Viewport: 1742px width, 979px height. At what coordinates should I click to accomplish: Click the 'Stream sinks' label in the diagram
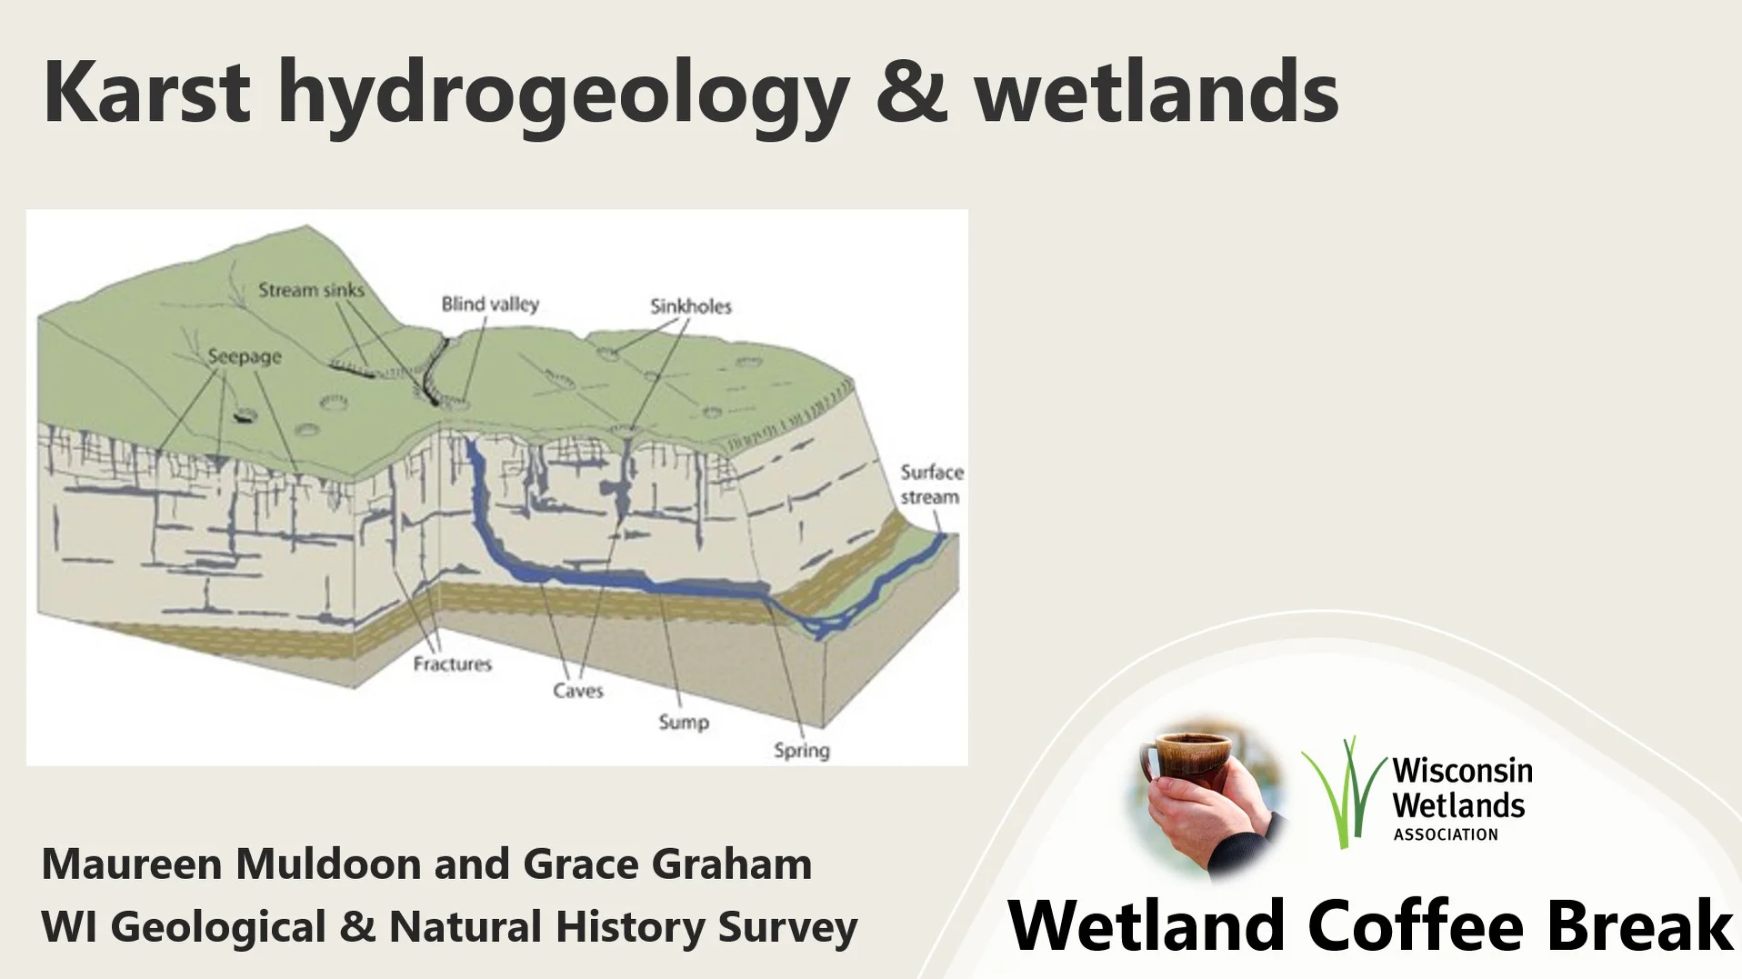[311, 290]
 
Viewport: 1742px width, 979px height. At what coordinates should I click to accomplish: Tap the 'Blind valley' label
[490, 304]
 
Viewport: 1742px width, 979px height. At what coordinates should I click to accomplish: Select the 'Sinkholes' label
[691, 306]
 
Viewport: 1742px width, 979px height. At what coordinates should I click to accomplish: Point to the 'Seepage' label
[245, 357]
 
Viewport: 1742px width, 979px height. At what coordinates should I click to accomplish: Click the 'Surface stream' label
[931, 485]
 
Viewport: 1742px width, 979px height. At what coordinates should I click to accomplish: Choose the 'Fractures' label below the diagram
[452, 664]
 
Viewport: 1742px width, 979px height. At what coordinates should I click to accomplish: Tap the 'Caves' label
[578, 691]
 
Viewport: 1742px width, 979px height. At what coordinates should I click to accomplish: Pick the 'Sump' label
[684, 723]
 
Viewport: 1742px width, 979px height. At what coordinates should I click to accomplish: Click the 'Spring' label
[801, 751]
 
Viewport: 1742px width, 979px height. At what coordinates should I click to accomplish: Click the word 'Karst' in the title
[146, 92]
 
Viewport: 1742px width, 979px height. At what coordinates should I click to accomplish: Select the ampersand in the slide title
[912, 92]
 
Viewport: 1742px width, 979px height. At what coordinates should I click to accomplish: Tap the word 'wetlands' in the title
[1156, 92]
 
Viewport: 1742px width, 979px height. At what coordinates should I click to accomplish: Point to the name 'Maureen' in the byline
[132, 864]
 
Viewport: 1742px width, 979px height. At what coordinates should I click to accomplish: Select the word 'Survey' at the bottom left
[787, 927]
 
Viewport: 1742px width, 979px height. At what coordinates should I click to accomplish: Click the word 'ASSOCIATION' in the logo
[1446, 834]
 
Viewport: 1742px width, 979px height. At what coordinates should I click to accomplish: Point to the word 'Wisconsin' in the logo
[1462, 772]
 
